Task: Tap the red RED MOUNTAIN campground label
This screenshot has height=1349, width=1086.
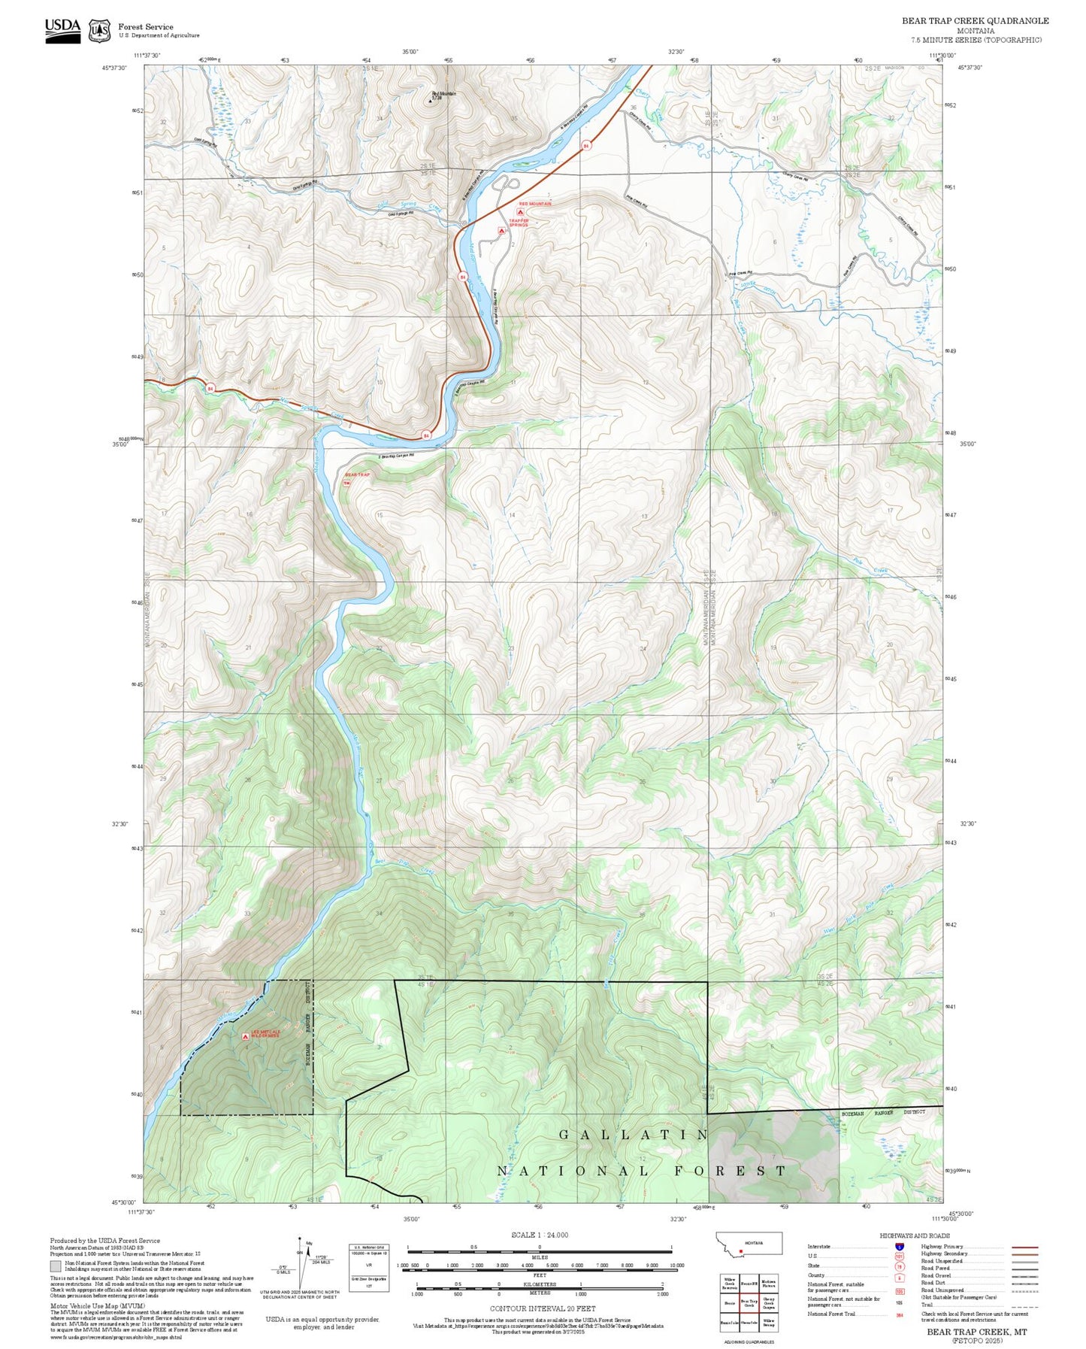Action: coord(535,204)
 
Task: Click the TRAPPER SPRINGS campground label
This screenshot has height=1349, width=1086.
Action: coord(519,223)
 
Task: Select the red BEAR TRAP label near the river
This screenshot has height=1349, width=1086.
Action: coord(358,475)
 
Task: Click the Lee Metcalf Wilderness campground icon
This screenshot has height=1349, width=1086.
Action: coord(245,1036)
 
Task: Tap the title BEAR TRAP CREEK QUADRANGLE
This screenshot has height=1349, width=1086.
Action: coord(975,21)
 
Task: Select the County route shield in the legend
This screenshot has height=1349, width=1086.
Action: coord(900,1276)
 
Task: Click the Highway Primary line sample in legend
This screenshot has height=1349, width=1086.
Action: coord(1025,1247)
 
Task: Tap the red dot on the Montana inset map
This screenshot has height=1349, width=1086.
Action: coord(742,1252)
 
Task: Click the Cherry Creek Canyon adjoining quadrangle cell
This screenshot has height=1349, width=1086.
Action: coord(769,1303)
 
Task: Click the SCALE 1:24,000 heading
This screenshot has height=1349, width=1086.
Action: coord(539,1235)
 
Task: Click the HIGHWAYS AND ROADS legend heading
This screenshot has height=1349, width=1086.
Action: coord(915,1235)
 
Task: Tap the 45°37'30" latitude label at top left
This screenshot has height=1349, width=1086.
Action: coord(115,68)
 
